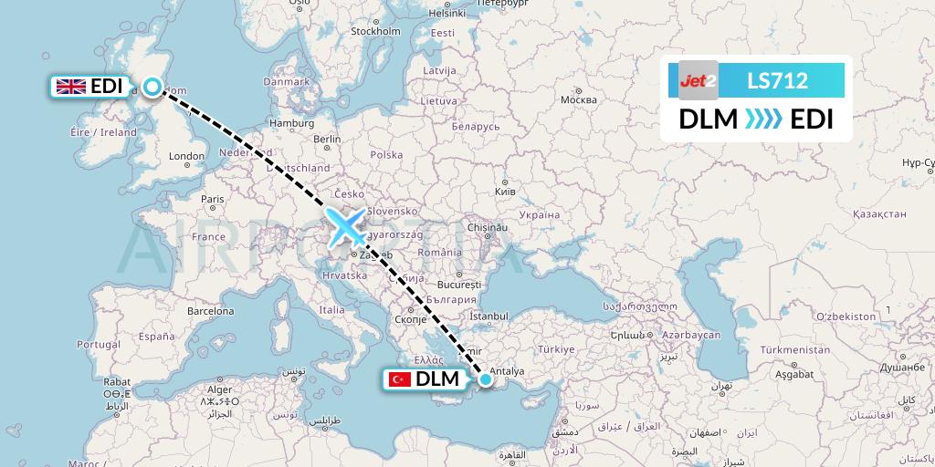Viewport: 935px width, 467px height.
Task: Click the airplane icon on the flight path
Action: (348, 227)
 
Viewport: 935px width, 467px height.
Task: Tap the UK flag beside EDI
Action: (71, 87)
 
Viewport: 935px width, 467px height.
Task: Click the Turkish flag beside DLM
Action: (399, 379)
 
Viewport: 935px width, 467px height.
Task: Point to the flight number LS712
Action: (777, 80)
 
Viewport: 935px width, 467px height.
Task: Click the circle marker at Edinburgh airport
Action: (152, 87)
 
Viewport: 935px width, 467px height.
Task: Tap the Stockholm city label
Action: (375, 31)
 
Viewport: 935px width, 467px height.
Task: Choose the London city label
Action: (186, 156)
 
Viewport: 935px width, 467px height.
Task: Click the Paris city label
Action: (213, 199)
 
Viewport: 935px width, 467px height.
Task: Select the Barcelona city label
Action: (212, 311)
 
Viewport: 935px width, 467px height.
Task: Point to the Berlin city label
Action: (327, 139)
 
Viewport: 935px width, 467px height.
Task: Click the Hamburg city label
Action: (292, 123)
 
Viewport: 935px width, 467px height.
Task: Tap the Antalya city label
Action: (507, 371)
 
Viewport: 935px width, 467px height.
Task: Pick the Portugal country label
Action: (99, 345)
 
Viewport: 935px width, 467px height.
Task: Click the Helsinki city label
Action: (447, 13)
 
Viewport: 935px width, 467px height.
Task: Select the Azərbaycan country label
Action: (692, 336)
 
